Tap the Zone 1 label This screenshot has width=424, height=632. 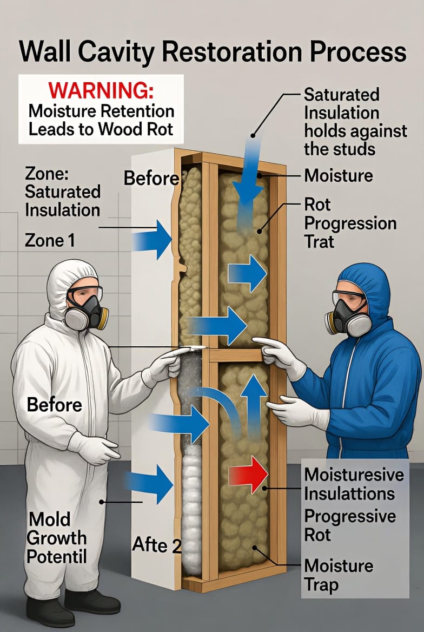(x=50, y=240)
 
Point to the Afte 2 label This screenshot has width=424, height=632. (x=157, y=544)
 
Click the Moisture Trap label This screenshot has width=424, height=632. (x=339, y=575)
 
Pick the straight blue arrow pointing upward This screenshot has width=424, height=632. (x=254, y=405)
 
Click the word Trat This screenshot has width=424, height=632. (x=320, y=241)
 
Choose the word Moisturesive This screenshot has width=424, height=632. (x=354, y=475)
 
